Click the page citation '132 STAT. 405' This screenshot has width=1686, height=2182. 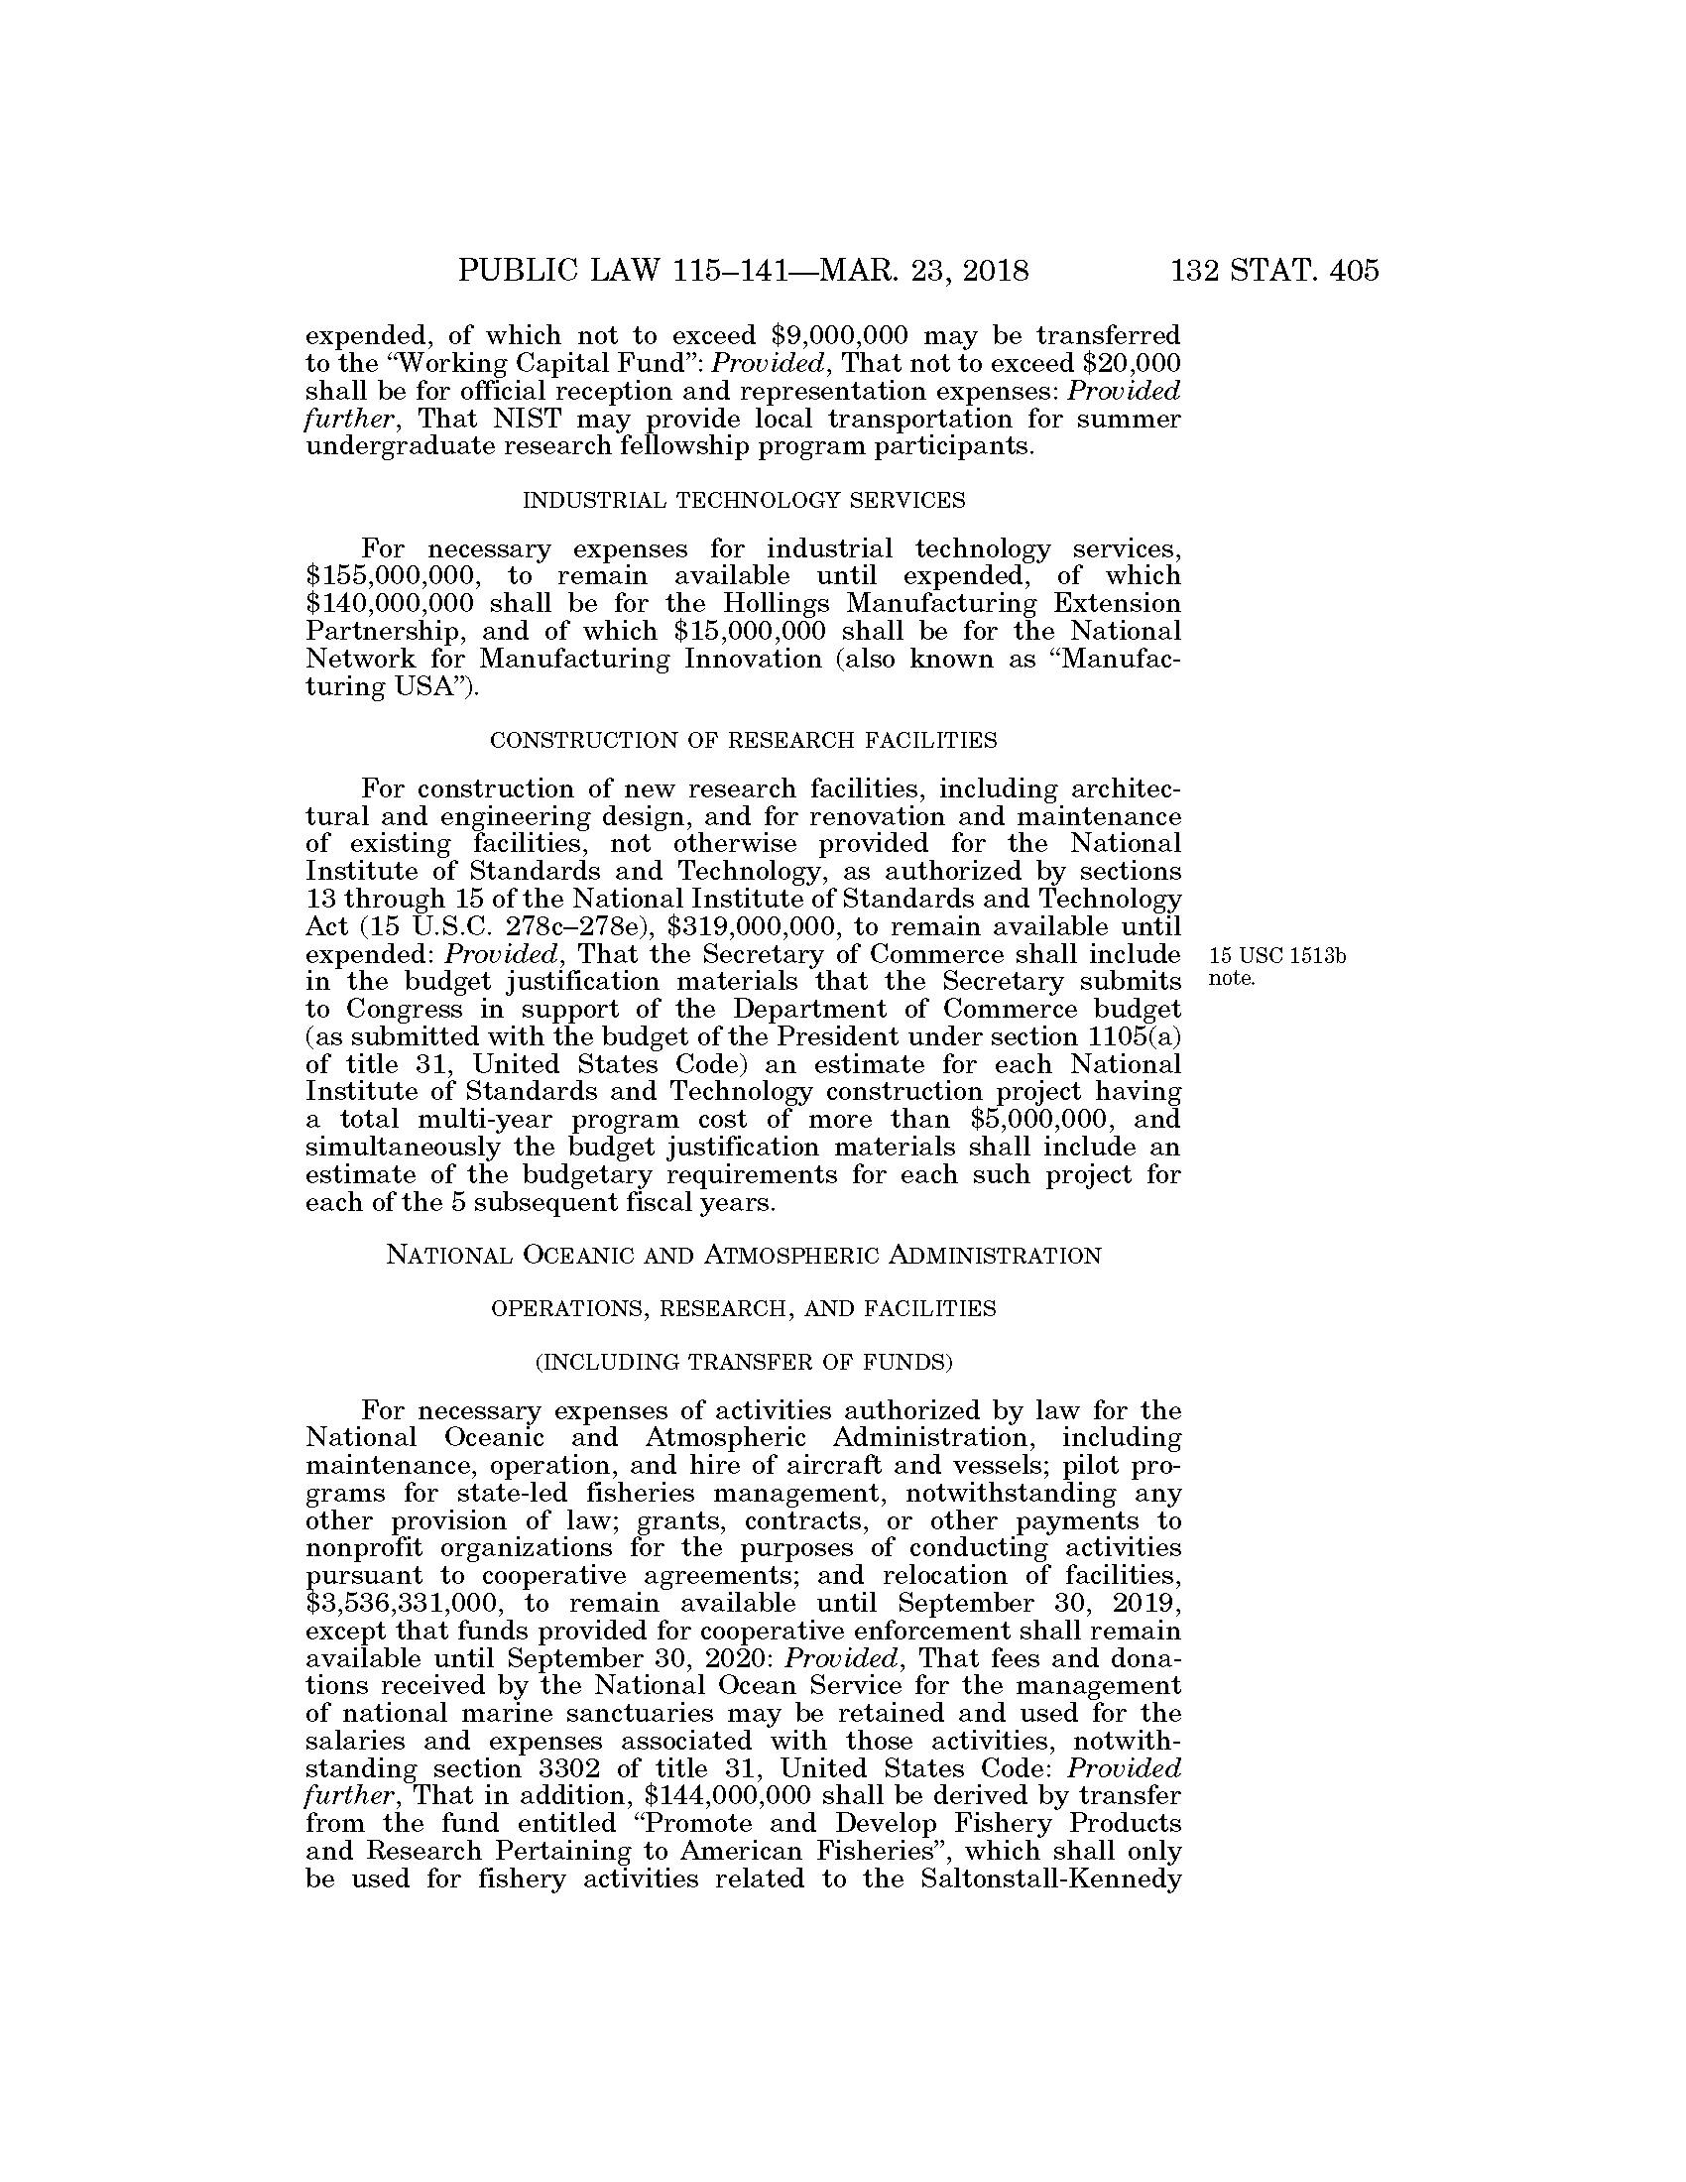pos(1274,271)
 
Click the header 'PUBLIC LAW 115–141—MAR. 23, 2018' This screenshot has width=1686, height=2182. pos(743,271)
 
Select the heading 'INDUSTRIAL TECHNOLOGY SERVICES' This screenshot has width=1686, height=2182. pos(744,501)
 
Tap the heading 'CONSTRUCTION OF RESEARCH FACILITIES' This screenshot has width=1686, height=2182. pos(743,740)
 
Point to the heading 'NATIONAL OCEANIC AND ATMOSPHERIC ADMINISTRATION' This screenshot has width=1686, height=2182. pos(743,1256)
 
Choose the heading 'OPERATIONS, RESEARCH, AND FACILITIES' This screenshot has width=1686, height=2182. pos(744,1309)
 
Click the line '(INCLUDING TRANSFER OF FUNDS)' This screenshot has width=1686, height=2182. pos(744,1362)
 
